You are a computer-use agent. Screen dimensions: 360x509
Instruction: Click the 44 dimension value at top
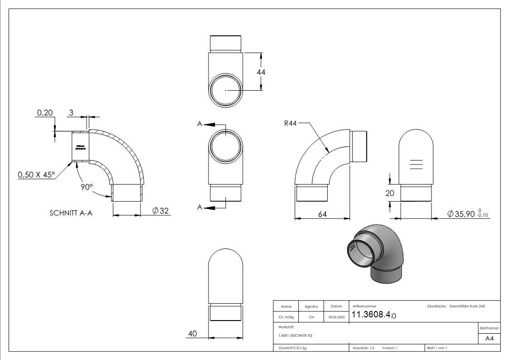point(261,72)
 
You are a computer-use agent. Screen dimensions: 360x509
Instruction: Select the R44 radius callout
point(290,124)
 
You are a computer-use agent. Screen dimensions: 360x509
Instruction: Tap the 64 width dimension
point(322,214)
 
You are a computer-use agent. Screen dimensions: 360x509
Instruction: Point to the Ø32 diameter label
point(161,210)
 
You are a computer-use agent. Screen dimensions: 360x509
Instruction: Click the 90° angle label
point(87,187)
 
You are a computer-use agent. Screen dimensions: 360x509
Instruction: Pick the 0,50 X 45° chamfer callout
point(36,175)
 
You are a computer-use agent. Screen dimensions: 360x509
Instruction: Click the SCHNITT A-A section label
point(71,213)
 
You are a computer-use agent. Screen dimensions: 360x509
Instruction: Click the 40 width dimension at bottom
point(192,334)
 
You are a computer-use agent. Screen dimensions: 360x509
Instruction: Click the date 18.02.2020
point(336,317)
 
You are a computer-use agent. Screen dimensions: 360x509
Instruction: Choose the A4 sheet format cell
point(489,338)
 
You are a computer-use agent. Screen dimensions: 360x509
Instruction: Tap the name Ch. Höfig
point(286,317)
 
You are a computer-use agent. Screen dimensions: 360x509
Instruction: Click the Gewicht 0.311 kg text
point(293,348)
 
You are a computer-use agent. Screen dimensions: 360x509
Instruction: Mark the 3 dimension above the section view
point(71,112)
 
